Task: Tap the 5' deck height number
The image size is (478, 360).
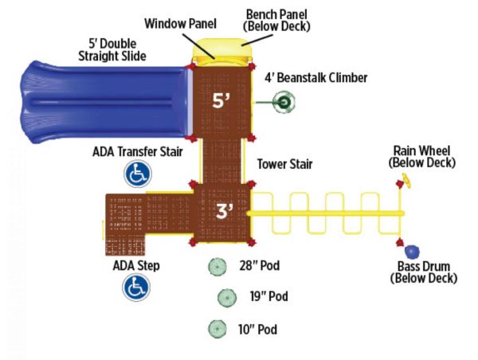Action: point(221,100)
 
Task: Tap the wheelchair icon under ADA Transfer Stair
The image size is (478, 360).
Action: point(137,174)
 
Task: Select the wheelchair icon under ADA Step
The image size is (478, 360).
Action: point(135,287)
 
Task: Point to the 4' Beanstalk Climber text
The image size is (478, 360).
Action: point(316,78)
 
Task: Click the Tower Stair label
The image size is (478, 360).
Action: point(284,164)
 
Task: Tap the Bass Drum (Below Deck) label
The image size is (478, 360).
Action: point(424,272)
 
